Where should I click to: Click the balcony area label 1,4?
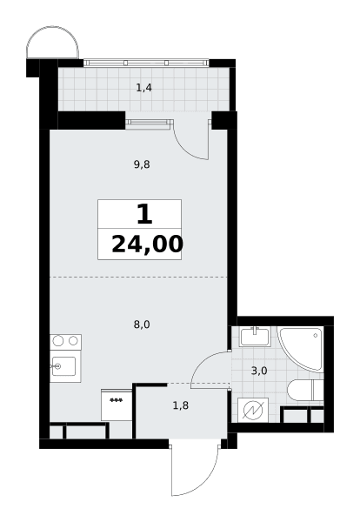(x=143, y=88)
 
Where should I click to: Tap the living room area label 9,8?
(x=142, y=164)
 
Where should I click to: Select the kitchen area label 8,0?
(x=142, y=325)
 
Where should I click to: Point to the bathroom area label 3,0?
(x=259, y=371)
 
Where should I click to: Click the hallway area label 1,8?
(x=181, y=405)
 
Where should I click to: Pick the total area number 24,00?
(x=148, y=244)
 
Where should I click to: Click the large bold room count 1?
(x=144, y=214)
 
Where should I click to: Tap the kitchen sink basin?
(x=63, y=366)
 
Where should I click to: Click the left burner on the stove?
(x=58, y=340)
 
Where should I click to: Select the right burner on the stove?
(x=73, y=340)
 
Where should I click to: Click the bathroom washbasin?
(x=256, y=337)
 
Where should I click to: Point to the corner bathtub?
(x=301, y=348)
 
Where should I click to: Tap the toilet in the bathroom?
(x=304, y=390)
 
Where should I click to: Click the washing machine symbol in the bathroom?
(x=253, y=410)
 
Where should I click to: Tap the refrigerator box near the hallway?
(x=117, y=405)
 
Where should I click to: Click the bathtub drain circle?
(x=315, y=336)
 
